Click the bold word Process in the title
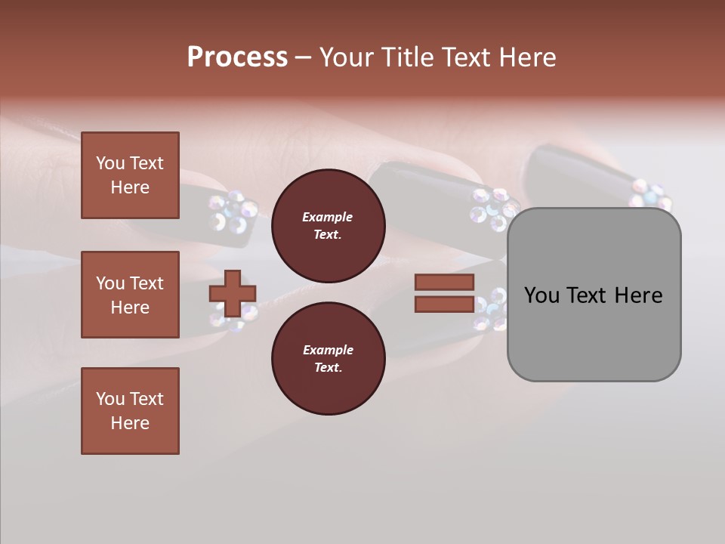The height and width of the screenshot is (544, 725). (x=237, y=57)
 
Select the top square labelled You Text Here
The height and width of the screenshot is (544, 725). (x=130, y=175)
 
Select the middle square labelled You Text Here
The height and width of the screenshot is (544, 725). (x=130, y=295)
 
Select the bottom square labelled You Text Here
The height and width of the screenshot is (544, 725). (x=130, y=411)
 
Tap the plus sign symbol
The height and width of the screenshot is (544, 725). (x=233, y=293)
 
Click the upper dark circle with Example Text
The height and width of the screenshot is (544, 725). (x=328, y=226)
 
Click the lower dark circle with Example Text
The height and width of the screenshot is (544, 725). (x=328, y=359)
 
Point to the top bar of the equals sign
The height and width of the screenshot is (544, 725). (x=445, y=283)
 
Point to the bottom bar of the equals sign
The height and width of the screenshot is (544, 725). (x=445, y=304)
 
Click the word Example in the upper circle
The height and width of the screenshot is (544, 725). (x=328, y=217)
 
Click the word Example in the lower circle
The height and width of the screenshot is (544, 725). (x=328, y=350)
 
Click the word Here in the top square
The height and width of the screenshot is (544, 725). (x=130, y=187)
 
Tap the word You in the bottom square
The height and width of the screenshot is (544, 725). (x=110, y=399)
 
